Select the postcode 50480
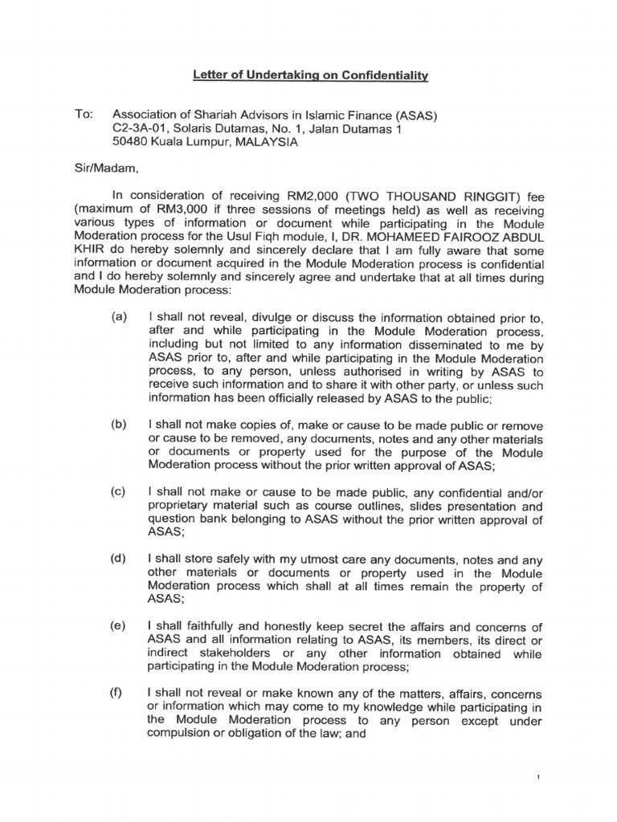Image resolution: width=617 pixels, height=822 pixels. click(x=129, y=143)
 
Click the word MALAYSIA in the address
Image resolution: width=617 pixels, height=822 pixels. click(x=264, y=143)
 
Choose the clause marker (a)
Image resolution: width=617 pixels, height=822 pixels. click(x=120, y=319)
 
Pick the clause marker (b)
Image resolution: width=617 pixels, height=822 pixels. click(x=120, y=423)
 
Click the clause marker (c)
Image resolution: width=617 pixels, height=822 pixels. click(x=120, y=492)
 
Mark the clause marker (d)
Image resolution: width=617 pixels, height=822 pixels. click(x=120, y=560)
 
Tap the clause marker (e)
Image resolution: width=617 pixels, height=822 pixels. click(x=120, y=627)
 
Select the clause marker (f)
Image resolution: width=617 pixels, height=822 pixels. click(x=120, y=693)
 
